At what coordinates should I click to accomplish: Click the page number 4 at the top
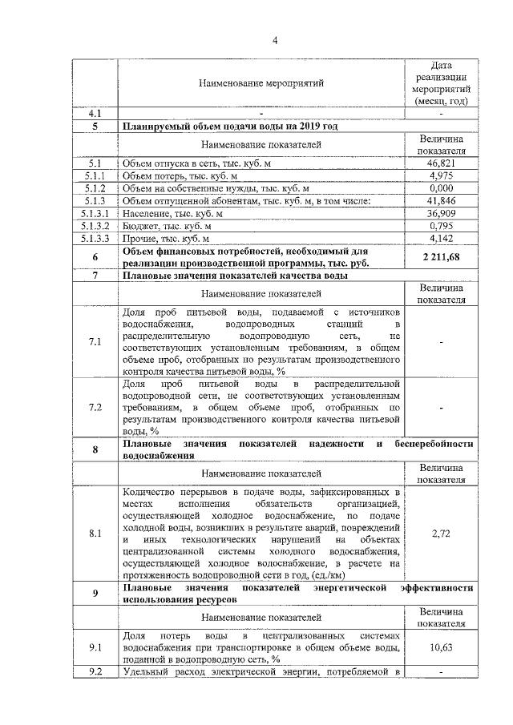click(x=274, y=42)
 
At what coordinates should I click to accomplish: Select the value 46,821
click(x=442, y=163)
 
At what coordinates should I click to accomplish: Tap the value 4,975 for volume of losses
click(x=442, y=175)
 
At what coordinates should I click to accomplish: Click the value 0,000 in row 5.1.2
click(x=442, y=187)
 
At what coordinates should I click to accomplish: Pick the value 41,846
click(x=442, y=200)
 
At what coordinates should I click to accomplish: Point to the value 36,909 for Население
click(x=442, y=213)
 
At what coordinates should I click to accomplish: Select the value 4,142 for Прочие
click(x=442, y=238)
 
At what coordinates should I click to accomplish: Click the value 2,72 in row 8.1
click(x=442, y=532)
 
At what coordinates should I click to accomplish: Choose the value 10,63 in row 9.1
click(x=442, y=646)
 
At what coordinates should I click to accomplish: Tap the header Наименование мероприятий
click(x=262, y=82)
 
